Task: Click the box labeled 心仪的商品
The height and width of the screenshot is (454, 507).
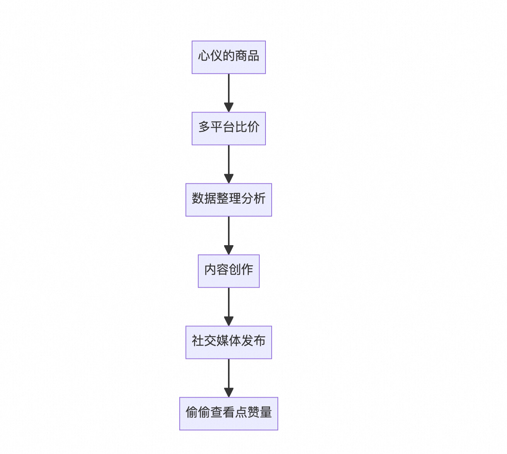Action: (x=228, y=57)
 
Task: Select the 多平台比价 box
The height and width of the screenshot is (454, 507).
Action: (x=228, y=128)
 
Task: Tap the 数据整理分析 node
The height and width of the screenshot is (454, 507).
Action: (x=228, y=200)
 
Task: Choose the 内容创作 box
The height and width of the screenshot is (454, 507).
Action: (x=228, y=271)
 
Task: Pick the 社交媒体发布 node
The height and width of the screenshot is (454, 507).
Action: (x=228, y=342)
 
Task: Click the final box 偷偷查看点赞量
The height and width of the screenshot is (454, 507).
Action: (x=228, y=413)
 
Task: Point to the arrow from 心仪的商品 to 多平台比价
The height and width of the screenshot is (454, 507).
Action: (x=229, y=89)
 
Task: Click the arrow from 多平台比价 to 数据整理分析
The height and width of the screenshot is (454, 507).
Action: (x=229, y=160)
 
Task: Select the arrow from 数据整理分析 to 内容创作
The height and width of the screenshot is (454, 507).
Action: (x=229, y=232)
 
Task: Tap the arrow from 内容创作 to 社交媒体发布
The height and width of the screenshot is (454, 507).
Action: (x=229, y=303)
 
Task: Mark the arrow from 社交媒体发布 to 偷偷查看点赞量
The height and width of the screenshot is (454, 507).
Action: (x=229, y=374)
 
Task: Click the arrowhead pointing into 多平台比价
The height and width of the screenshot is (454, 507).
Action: (x=229, y=107)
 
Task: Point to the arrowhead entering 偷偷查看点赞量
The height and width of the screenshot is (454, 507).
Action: (x=229, y=392)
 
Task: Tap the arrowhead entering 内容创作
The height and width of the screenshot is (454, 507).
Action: (x=229, y=249)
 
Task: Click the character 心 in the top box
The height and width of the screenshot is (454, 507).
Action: (x=204, y=56)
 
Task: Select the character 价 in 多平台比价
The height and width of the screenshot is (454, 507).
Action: (x=253, y=127)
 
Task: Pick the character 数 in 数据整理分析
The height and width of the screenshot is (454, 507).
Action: (x=198, y=198)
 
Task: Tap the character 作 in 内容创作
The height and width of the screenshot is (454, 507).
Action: (x=247, y=270)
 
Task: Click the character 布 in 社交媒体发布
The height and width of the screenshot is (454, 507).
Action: (x=259, y=341)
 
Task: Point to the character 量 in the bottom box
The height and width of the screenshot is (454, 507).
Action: (x=265, y=412)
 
